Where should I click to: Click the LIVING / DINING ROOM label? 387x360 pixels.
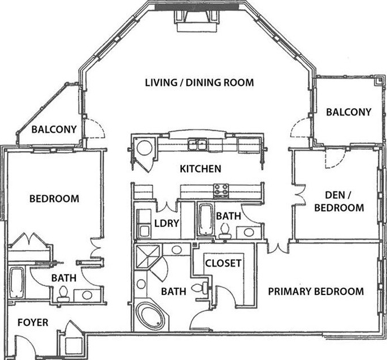click(199, 83)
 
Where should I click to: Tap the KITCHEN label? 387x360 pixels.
click(201, 169)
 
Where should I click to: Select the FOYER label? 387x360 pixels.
click(33, 322)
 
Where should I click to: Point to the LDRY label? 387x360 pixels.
click(166, 223)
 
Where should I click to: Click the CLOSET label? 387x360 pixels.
click(223, 263)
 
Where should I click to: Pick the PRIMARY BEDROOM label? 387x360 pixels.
click(316, 292)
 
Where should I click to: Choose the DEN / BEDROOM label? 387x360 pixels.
click(339, 201)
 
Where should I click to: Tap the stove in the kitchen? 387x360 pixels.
click(221, 191)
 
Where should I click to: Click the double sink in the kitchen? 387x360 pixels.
click(197, 145)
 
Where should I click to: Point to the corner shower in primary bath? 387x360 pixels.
click(148, 257)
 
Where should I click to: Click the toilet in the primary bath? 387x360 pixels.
click(201, 288)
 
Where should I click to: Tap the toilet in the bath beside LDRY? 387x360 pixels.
click(225, 231)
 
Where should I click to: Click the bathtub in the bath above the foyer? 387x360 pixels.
click(17, 283)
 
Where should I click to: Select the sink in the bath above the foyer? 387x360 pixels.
click(87, 295)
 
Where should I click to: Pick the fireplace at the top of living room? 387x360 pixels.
click(197, 21)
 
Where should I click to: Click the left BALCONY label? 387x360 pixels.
click(54, 129)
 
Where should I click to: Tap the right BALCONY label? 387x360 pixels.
click(348, 112)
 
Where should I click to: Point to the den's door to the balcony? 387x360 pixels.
click(335, 158)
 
